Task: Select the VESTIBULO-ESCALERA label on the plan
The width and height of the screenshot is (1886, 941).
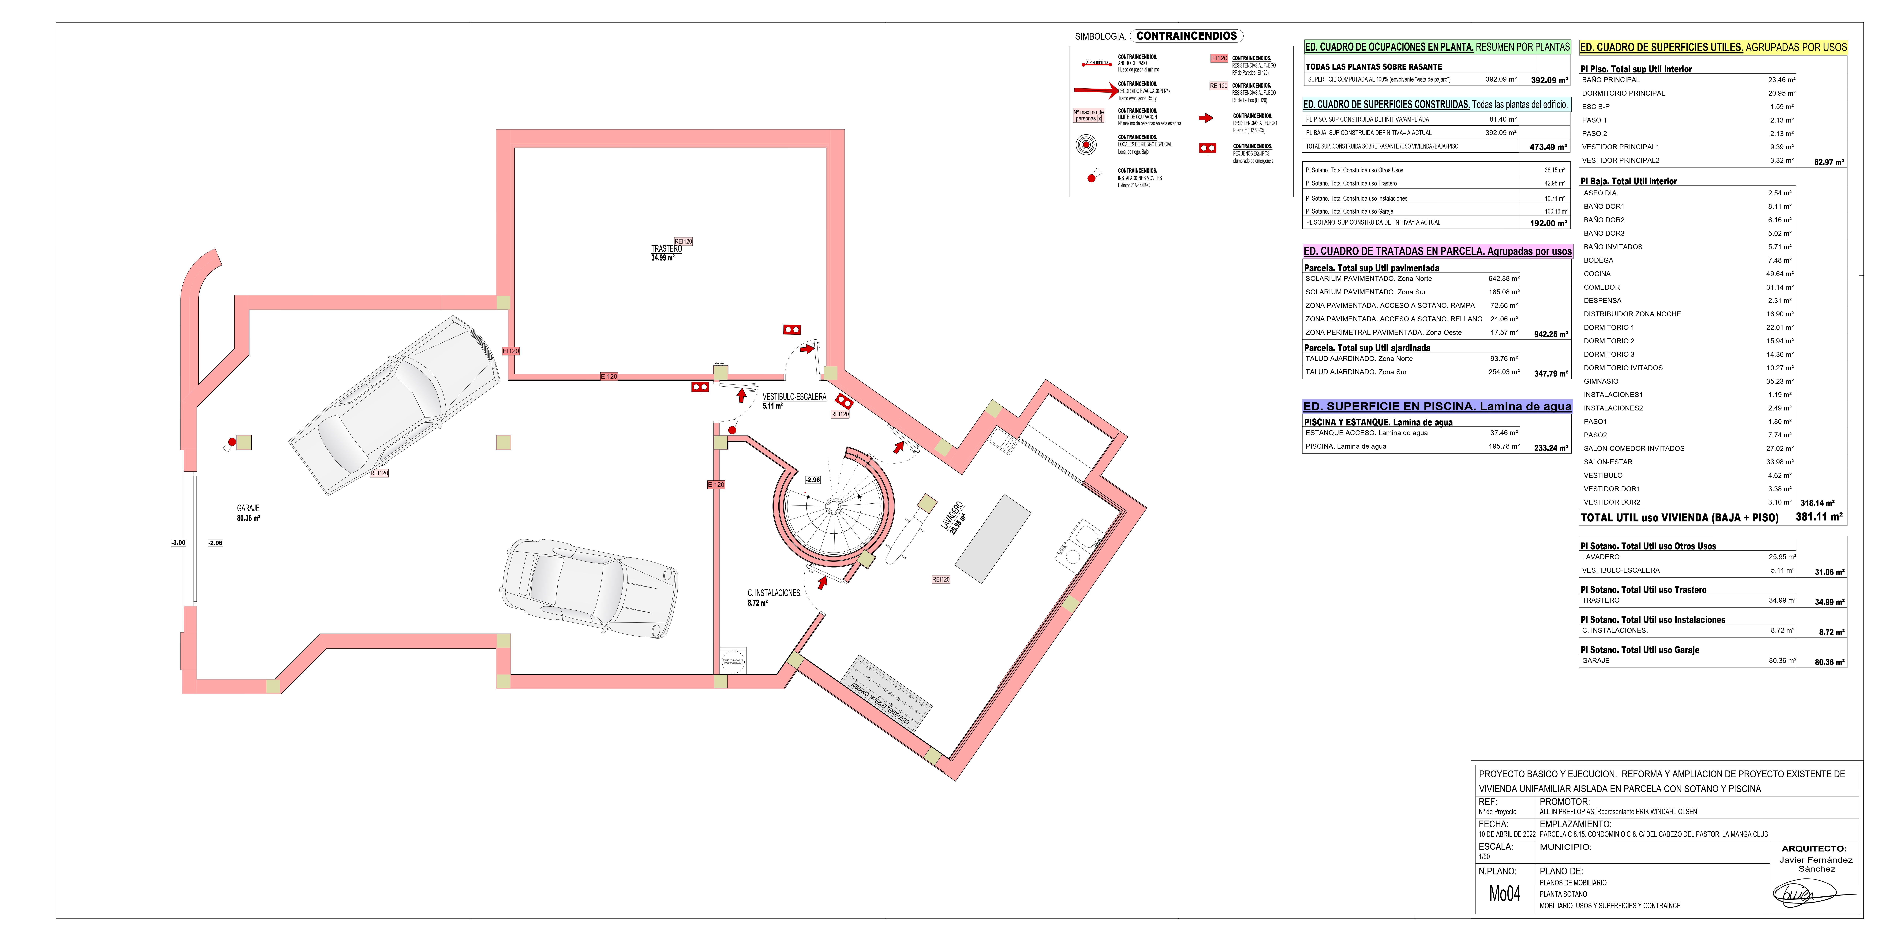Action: coord(794,397)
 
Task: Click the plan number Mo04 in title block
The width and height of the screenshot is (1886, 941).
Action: coord(1505,893)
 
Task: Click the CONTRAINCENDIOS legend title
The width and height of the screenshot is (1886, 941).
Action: coord(1186,36)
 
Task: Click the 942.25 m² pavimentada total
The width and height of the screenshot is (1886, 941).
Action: coord(1551,334)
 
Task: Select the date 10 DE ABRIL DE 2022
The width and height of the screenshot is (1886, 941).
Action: coord(1507,834)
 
